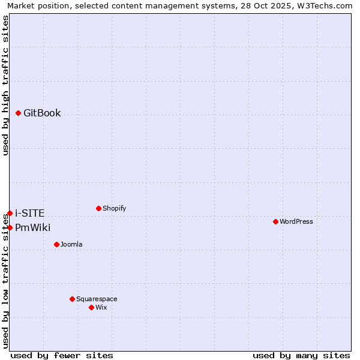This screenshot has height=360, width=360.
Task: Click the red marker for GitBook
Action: (x=19, y=113)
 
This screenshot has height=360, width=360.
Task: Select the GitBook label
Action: (x=42, y=113)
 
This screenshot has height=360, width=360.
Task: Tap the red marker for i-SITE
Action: (x=10, y=213)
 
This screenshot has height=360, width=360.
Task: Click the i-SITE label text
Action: (x=29, y=214)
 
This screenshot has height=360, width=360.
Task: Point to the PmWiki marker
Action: (x=10, y=227)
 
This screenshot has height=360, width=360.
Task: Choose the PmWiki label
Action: (x=32, y=228)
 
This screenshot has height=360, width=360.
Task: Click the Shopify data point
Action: (x=98, y=208)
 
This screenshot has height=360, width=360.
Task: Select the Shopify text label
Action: (x=114, y=209)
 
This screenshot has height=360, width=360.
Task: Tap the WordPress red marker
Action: (x=275, y=221)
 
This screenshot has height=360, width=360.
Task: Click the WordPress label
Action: (x=296, y=222)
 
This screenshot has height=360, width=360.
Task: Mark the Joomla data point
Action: (x=56, y=244)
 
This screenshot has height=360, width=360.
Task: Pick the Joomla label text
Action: (x=71, y=245)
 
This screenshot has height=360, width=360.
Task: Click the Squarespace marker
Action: (x=72, y=299)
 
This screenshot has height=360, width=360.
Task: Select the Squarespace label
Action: (x=97, y=299)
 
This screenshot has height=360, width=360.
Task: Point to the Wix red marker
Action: (x=91, y=307)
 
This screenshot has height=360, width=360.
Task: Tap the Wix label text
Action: (x=101, y=308)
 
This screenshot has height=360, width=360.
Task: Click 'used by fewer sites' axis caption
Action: (x=62, y=355)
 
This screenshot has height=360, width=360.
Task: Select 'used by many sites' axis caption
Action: (x=301, y=355)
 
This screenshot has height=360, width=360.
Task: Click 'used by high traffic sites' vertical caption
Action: (x=6, y=85)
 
